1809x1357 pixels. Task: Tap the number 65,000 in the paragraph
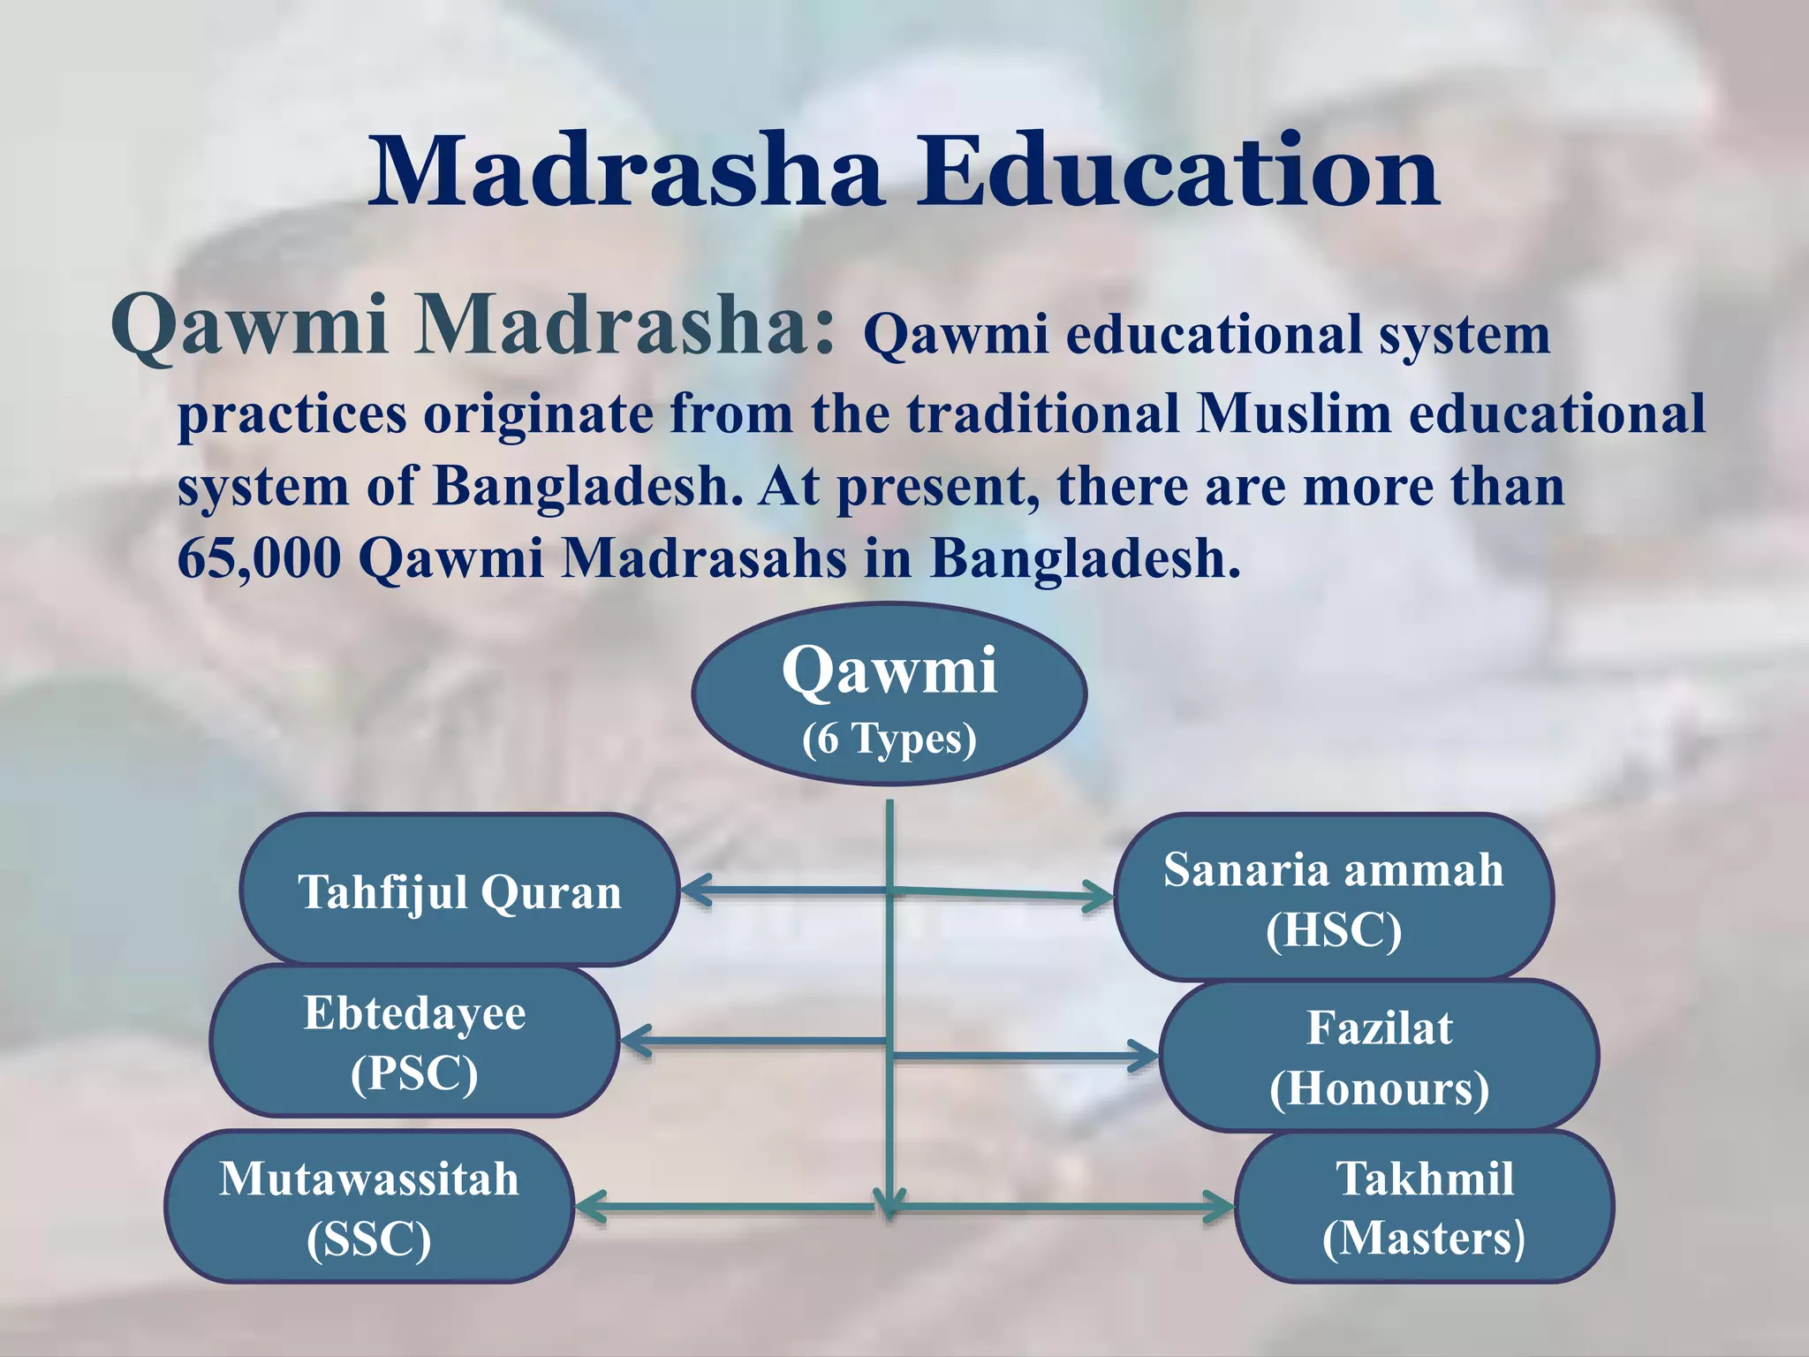tap(259, 558)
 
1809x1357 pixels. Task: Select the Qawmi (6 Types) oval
tap(889, 694)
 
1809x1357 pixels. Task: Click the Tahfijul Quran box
tap(459, 891)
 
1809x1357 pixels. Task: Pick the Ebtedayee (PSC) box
tap(414, 1042)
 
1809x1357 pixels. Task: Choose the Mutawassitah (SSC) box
tap(369, 1207)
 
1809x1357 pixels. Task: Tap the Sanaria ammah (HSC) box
tap(1333, 898)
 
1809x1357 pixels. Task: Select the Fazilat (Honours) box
tap(1379, 1056)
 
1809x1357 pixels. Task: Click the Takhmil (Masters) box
tap(1424, 1207)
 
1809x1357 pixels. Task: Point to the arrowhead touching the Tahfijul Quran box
tap(693, 890)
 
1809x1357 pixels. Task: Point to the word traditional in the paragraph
tap(1042, 413)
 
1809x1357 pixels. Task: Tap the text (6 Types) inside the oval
tap(889, 739)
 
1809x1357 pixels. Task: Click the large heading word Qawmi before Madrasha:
tap(249, 325)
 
